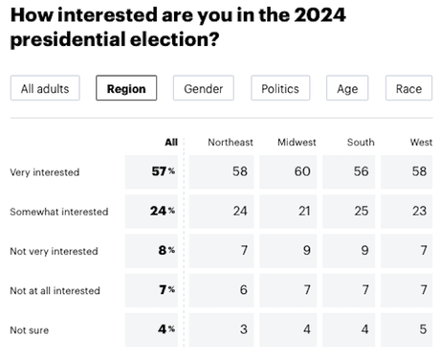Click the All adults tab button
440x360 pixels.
(x=45, y=88)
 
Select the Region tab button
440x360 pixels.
(x=126, y=88)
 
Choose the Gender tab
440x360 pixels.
(x=204, y=88)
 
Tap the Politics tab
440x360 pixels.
(x=280, y=88)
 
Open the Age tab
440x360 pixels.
(x=346, y=88)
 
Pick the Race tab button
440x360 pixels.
(x=408, y=88)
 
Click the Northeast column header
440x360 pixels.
(x=231, y=143)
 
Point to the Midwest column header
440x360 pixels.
(x=297, y=143)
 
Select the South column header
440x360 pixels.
(x=361, y=143)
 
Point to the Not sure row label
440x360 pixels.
(x=31, y=329)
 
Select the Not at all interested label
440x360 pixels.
(x=56, y=290)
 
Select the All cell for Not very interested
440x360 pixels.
(x=164, y=251)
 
